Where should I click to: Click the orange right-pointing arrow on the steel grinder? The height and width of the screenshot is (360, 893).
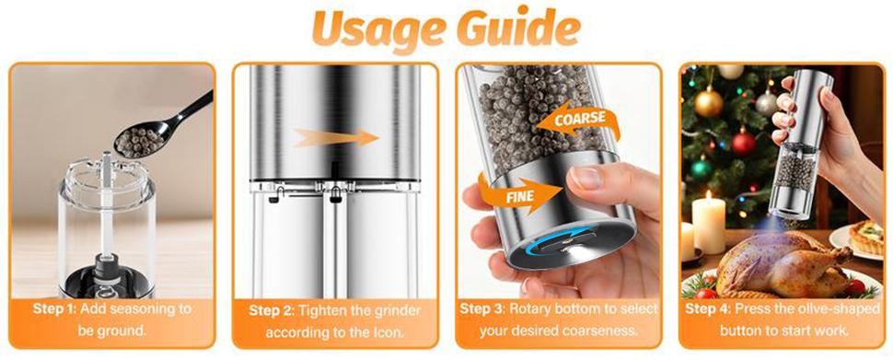click(x=336, y=137)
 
